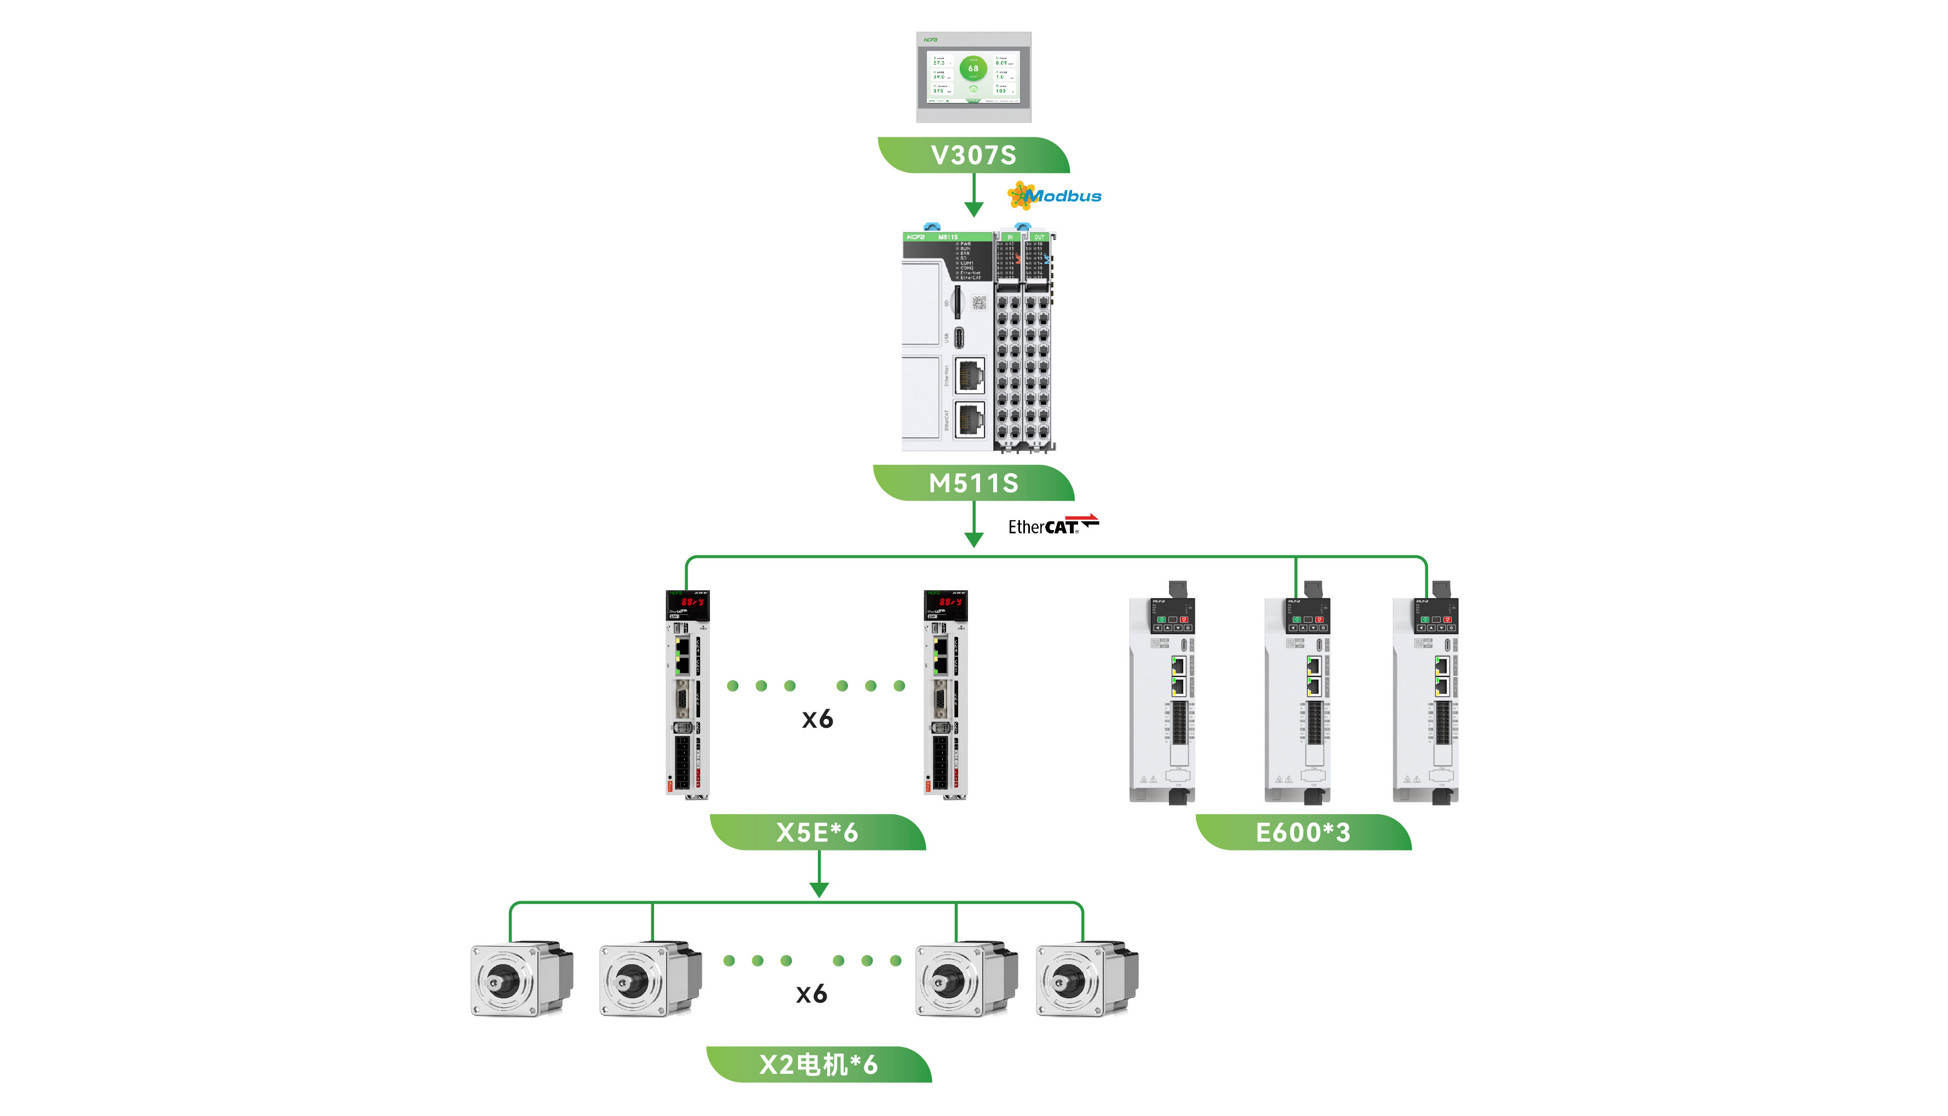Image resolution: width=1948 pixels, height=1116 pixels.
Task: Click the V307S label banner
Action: tap(973, 155)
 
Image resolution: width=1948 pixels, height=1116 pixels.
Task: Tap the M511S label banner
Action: tap(973, 483)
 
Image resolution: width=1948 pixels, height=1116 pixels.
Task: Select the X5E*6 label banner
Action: tap(817, 832)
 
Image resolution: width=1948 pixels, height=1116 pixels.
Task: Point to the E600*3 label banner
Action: tap(1303, 832)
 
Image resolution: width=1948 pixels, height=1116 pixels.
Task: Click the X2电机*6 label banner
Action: tap(818, 1065)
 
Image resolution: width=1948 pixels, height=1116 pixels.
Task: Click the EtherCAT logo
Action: tap(1052, 526)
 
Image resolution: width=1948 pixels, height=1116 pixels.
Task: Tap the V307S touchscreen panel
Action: tap(973, 77)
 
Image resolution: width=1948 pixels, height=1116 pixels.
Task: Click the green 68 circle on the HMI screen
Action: tap(973, 68)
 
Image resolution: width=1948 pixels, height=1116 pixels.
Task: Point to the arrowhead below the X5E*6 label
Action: tap(819, 889)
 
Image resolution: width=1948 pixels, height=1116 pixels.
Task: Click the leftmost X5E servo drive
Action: tap(687, 694)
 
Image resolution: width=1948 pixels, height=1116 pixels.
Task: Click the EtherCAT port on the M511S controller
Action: tap(969, 418)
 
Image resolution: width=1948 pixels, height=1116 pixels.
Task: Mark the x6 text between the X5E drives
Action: tap(817, 719)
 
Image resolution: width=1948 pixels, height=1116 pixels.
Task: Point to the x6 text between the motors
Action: tap(811, 994)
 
